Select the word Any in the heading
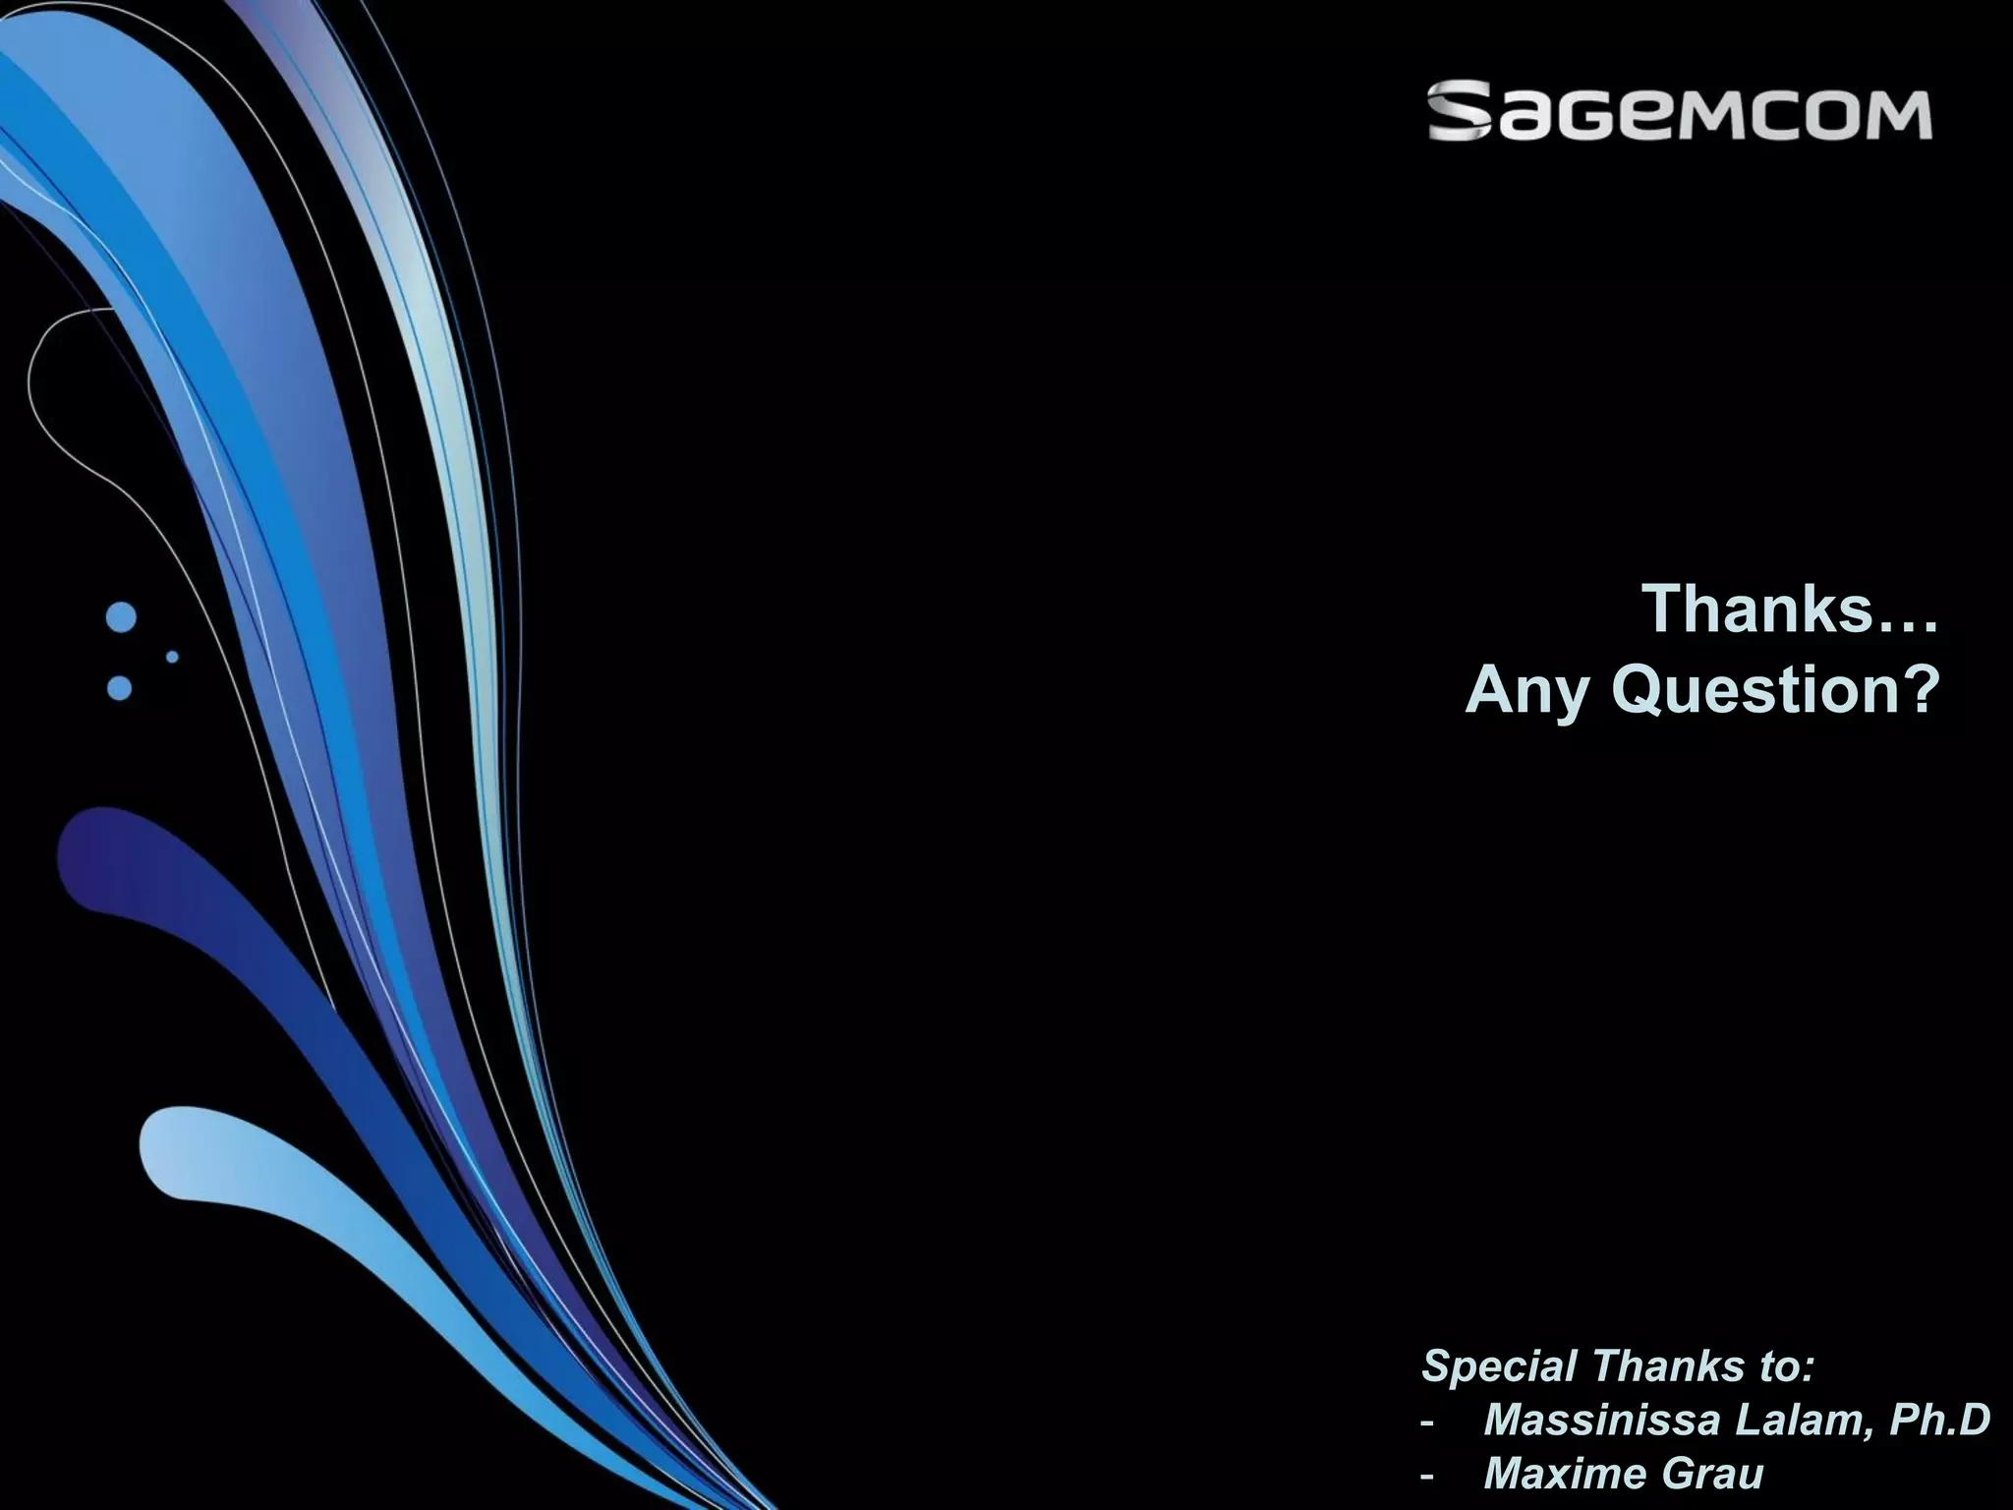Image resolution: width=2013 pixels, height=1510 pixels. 1526,693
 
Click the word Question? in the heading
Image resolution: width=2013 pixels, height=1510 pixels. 1776,691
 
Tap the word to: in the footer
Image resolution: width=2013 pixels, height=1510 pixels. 1781,1366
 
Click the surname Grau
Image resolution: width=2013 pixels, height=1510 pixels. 1711,1474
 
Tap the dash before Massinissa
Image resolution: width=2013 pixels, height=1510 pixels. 1427,1423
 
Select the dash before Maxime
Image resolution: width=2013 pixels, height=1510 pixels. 1427,1476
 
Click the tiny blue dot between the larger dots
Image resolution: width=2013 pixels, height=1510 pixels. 173,656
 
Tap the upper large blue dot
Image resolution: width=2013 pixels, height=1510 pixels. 121,617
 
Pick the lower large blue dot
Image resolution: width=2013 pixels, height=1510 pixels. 119,687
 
